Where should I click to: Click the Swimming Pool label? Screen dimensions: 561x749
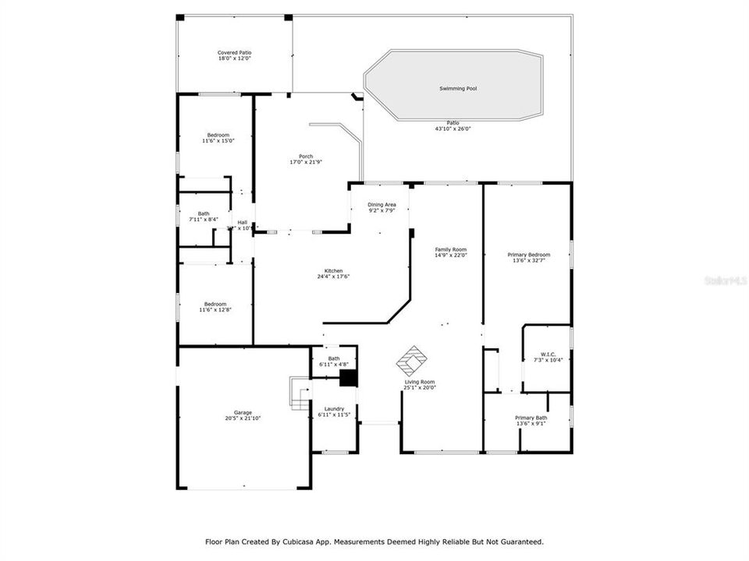[457, 89]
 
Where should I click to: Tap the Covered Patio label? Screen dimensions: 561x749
[234, 52]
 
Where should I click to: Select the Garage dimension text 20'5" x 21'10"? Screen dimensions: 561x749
[243, 418]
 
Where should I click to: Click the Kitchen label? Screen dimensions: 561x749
[334, 270]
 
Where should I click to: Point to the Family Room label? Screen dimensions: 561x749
[450, 249]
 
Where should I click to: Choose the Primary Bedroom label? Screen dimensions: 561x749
[528, 255]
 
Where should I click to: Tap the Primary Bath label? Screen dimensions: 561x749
[531, 418]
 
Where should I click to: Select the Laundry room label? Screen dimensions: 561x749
[334, 409]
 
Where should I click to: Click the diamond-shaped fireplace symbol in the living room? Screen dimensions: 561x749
[412, 361]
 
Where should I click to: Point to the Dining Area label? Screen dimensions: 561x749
[382, 204]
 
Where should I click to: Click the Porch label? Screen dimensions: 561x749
[306, 156]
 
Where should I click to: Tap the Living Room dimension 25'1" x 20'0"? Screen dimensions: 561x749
[420, 387]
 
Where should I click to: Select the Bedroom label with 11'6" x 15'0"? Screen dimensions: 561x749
[218, 135]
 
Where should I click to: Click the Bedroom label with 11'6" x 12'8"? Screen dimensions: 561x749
[215, 304]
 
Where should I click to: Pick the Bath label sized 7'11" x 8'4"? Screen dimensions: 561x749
[203, 213]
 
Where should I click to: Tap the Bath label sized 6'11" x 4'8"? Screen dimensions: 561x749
[334, 358]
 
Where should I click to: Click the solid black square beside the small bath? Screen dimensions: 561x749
[348, 378]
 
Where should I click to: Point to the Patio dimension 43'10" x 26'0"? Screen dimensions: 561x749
[453, 129]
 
